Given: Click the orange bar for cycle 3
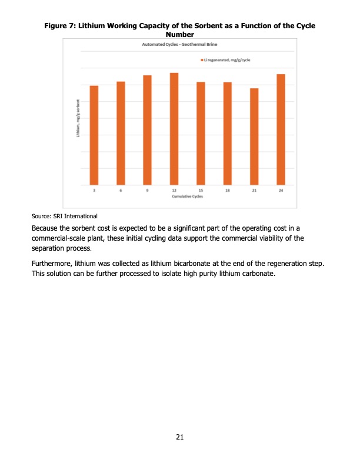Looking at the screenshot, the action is pos(94,135).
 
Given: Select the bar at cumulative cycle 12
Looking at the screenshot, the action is pos(174,129).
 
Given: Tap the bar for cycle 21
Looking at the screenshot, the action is pos(254,137).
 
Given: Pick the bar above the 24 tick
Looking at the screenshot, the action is pos(281,130).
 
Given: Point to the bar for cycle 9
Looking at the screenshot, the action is pos(148,131).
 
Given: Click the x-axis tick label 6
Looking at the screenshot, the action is pos(121,191).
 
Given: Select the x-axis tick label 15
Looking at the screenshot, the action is pos(201,191).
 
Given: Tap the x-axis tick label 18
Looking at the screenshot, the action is pos(228,191).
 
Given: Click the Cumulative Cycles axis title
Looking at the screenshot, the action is pos(187,197).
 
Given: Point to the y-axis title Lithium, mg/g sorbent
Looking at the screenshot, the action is pos(77,119).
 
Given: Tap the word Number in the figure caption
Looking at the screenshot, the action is pos(181,35).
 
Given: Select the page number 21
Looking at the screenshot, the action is pos(180,437).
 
